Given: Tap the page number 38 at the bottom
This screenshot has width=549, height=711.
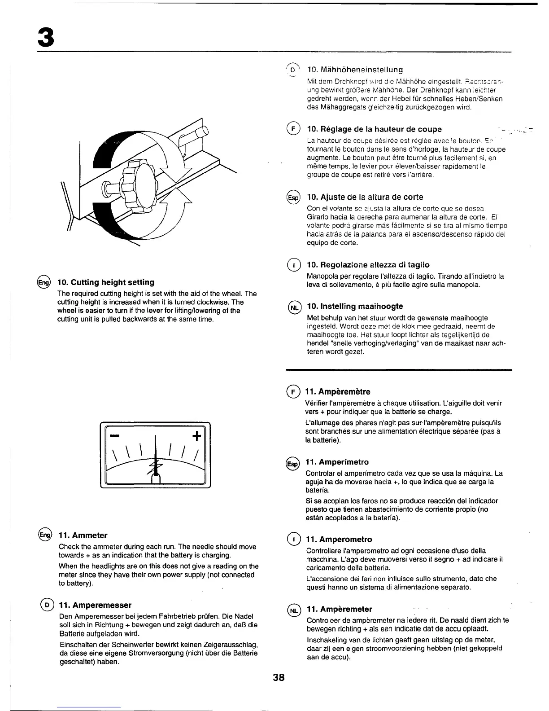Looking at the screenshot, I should pos(279,677).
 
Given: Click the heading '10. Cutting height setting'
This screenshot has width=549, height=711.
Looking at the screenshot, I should pos(106,282).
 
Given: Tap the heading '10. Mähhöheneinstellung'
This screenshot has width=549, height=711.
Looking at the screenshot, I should pos(355,70).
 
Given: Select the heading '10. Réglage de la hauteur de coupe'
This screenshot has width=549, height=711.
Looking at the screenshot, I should pos(374,129).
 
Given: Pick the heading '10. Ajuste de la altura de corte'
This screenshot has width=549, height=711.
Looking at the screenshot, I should pos(365,197).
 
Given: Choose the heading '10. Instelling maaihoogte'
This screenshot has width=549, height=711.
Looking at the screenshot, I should pos(355,306).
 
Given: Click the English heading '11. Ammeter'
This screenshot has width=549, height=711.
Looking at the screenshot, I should pos(83,535).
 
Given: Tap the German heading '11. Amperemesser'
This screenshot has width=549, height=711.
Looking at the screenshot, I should pos(95,605).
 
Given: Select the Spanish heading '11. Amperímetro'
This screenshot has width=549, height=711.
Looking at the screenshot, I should pos(337,462).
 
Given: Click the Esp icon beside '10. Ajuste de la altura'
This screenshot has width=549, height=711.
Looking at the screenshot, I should pos(293,197).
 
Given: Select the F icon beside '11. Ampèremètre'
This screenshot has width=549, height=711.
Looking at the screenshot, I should pos(293,392).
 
